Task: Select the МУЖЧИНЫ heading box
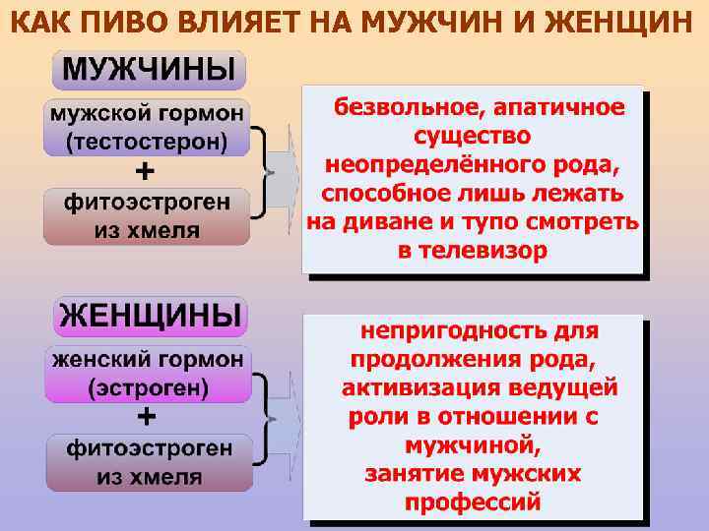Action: click(149, 70)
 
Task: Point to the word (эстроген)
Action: click(148, 387)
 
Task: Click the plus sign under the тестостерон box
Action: click(144, 172)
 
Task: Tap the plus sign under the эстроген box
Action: click(146, 418)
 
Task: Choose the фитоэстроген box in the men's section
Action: click(147, 217)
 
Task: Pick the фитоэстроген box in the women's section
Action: click(149, 463)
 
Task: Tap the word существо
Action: click(473, 135)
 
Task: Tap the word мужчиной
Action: click(473, 444)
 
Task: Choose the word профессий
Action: click(474, 501)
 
